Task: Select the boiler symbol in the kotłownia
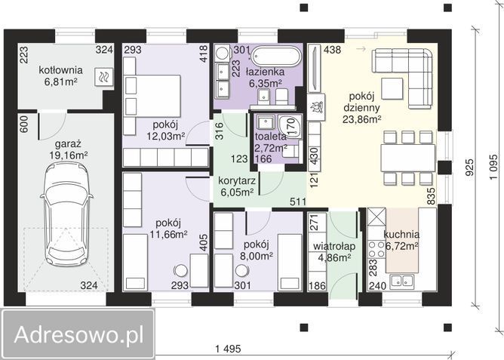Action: point(102,75)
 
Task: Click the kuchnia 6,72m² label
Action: point(401,239)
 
